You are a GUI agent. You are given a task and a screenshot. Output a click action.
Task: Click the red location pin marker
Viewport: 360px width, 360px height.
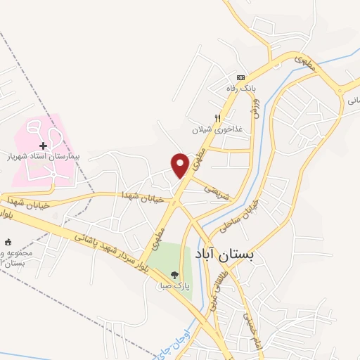pos(180,165)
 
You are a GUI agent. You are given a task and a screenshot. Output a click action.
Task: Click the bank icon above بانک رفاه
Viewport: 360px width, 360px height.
pos(240,77)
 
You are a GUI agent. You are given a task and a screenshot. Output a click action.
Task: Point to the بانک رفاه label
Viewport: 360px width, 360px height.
pos(238,88)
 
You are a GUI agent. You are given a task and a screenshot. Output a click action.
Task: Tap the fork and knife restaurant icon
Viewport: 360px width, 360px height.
pos(218,118)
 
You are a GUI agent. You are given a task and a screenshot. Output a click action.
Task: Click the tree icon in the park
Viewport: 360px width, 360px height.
pos(174,276)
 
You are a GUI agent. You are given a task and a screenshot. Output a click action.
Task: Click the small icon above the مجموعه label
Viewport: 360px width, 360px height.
pos(8,243)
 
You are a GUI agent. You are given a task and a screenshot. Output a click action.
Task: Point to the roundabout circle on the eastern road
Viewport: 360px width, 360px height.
pos(340,89)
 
